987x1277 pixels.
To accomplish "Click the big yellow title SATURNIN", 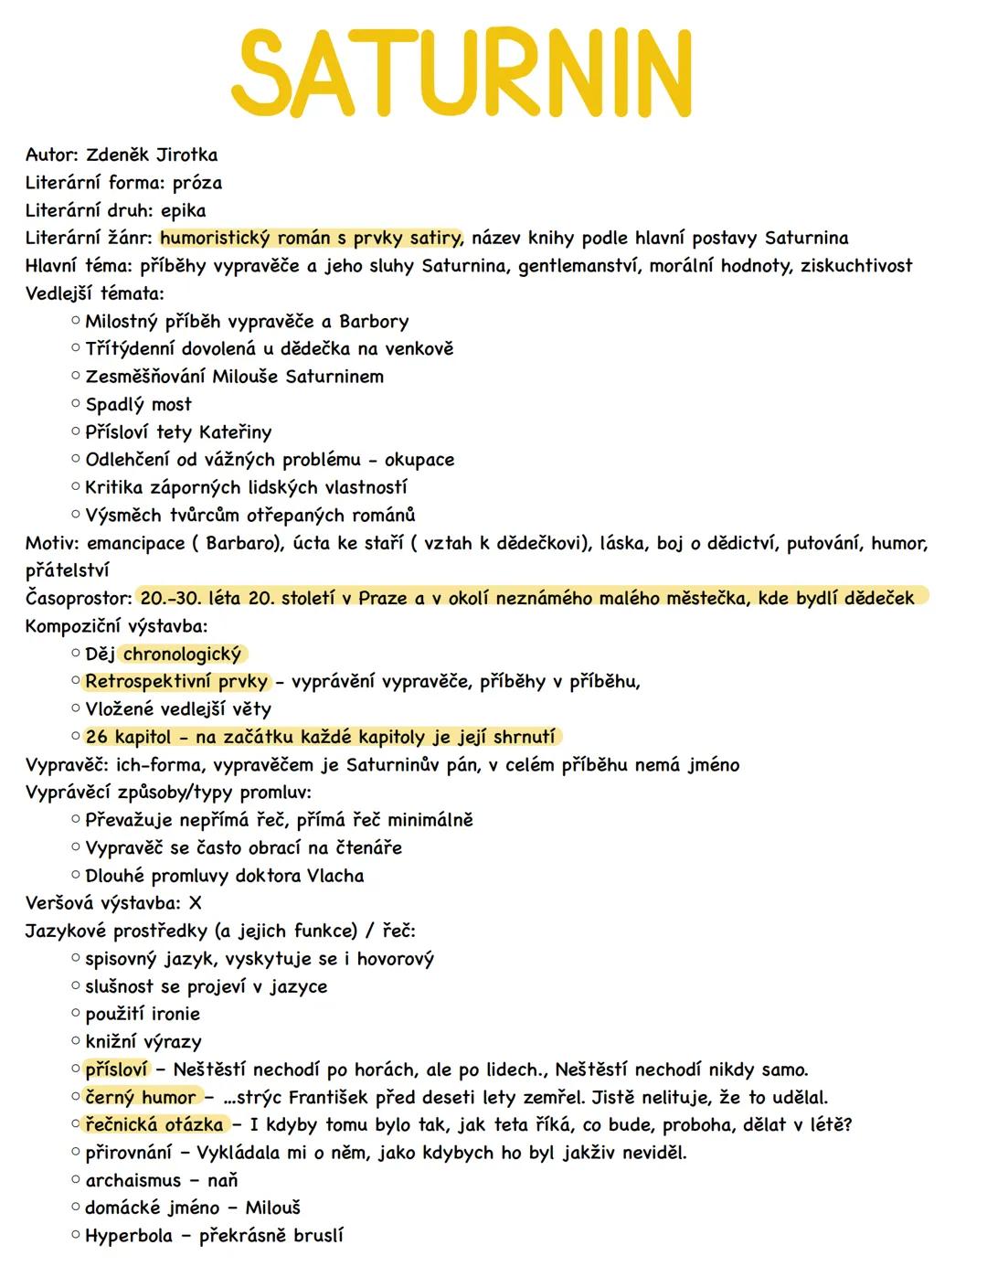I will (x=462, y=72).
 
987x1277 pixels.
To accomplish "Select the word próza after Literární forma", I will (x=196, y=183).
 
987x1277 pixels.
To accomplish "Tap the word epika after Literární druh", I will (x=183, y=211).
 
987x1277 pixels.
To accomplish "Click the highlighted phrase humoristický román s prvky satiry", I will (x=310, y=239).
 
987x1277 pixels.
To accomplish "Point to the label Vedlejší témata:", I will (x=94, y=294).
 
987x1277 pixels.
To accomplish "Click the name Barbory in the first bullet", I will (x=374, y=322).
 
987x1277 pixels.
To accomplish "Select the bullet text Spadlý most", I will (x=139, y=405).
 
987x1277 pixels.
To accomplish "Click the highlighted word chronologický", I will (x=182, y=654).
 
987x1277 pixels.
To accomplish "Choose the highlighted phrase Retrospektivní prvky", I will (x=176, y=682).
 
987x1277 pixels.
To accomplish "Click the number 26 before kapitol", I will (x=96, y=737).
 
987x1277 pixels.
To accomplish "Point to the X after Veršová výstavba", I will (x=194, y=903).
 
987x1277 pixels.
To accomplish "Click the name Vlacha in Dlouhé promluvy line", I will (x=335, y=876).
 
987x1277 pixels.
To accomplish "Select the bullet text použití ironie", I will (x=143, y=1014).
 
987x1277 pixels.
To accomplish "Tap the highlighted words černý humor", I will (x=141, y=1097).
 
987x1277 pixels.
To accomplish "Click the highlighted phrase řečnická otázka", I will (x=154, y=1124).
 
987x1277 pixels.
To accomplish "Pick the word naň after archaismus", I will (x=222, y=1180).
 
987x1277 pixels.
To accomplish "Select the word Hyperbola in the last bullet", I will (x=129, y=1236).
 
